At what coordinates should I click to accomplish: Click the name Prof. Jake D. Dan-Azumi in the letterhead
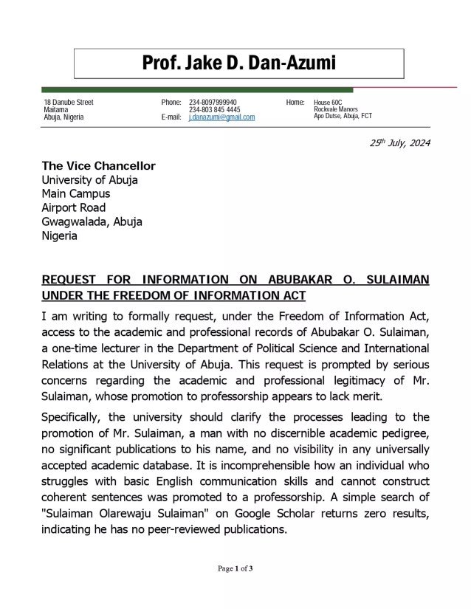(x=238, y=63)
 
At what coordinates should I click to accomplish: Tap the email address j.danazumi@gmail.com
(x=221, y=117)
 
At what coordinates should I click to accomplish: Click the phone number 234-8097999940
(x=213, y=102)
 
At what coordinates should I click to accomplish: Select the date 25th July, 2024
(x=399, y=143)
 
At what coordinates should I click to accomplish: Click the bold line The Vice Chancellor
(x=98, y=166)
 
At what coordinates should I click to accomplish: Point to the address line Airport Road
(x=73, y=207)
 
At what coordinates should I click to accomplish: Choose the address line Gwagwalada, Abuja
(x=92, y=221)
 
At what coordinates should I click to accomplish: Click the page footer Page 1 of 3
(x=235, y=568)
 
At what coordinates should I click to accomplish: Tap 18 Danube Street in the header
(x=69, y=102)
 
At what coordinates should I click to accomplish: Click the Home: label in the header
(x=295, y=102)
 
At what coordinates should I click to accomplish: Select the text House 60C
(x=329, y=102)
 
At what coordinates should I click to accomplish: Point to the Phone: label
(x=171, y=102)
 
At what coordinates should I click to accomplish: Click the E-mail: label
(x=171, y=117)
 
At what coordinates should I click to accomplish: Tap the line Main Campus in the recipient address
(x=75, y=193)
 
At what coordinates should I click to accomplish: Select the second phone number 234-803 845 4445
(x=214, y=109)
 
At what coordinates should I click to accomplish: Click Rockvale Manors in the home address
(x=336, y=109)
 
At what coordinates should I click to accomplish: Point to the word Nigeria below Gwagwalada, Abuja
(x=59, y=236)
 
